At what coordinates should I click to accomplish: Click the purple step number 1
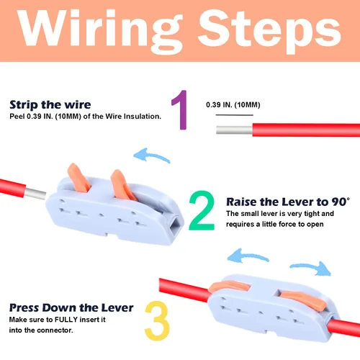[181, 109]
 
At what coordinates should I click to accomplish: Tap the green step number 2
[202, 210]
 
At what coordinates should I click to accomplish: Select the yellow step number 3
[157, 320]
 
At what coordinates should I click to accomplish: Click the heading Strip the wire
[50, 104]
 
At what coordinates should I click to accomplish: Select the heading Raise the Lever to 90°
[288, 202]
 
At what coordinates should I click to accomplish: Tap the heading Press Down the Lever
[71, 307]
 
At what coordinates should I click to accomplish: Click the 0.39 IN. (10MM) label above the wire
[233, 105]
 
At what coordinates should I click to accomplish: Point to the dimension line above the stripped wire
[234, 115]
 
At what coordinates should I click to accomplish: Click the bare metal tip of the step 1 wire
[234, 130]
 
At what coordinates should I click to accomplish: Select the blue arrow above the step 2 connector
[152, 156]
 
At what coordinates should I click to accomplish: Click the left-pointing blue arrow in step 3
[247, 256]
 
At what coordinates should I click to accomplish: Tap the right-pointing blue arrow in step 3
[311, 268]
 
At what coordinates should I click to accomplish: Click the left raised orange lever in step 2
[78, 178]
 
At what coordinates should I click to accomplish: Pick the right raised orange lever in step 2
[123, 185]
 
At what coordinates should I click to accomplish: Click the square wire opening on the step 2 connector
[176, 225]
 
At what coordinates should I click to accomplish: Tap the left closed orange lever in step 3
[229, 287]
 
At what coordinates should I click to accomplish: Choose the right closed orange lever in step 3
[304, 300]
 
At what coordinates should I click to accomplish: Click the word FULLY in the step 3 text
[66, 320]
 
